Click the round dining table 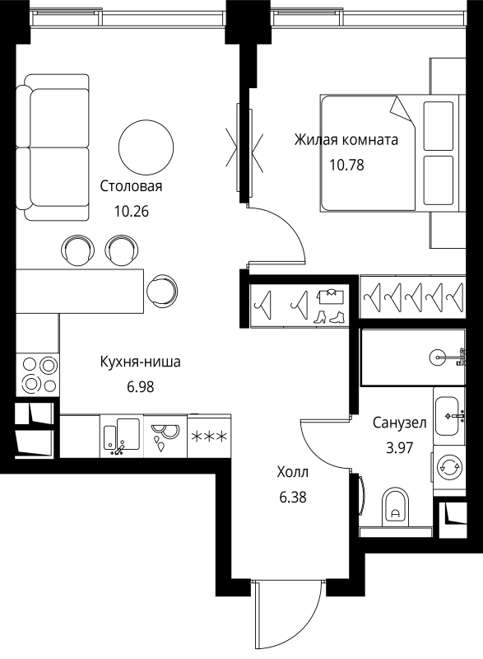pos(146,147)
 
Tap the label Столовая pos(131,186)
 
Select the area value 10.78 pos(346,166)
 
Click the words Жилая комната pos(346,139)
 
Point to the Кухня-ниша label pos(140,362)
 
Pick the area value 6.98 pos(141,387)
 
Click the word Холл pos(292,472)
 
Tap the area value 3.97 pos(400,448)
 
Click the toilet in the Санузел pos(396,507)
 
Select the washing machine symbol pos(449,467)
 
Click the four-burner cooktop pos(38,375)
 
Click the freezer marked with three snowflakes pos(209,437)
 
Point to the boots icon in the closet pos(329,316)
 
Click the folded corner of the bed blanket pos(402,110)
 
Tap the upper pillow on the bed pos(439,126)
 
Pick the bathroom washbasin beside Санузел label pos(447,416)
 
